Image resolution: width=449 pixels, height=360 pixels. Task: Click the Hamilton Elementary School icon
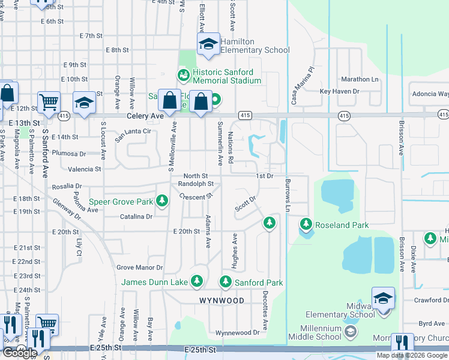[208, 44]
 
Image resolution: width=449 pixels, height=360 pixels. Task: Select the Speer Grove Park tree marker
[161, 200]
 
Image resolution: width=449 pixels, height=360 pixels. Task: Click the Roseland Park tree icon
[306, 224]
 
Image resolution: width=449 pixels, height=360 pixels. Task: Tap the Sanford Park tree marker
[226, 280]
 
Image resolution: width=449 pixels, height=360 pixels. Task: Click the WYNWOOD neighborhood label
[221, 300]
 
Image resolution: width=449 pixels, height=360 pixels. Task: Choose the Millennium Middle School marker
[350, 331]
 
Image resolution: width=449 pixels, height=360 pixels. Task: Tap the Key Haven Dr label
[339, 91]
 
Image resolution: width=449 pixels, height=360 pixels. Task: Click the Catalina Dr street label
[137, 217]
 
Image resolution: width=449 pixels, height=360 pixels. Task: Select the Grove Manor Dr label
[139, 268]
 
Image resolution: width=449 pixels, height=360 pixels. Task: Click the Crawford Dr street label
[432, 300]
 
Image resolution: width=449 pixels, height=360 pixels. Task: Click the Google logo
[20, 353]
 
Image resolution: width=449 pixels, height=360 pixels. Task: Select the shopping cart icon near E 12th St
[48, 102]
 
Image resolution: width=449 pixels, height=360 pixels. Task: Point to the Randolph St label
[196, 184]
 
